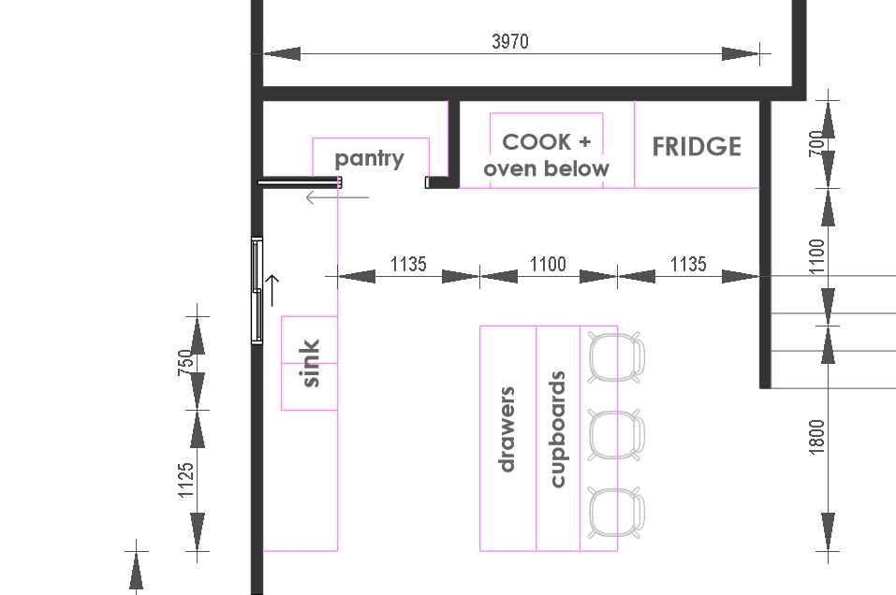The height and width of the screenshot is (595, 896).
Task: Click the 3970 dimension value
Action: click(x=509, y=41)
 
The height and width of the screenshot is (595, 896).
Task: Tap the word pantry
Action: click(x=369, y=158)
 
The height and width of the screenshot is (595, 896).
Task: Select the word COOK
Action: click(x=536, y=141)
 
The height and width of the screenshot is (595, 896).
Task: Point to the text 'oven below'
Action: click(x=546, y=168)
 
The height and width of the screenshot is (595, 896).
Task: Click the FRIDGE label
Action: click(x=697, y=147)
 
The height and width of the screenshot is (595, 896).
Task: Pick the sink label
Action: click(x=310, y=363)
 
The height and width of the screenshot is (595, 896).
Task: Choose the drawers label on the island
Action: click(x=507, y=429)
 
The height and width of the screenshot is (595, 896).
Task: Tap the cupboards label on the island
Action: click(x=558, y=429)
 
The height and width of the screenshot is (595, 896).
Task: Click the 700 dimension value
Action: click(x=817, y=143)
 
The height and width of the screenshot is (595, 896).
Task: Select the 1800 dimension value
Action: click(x=817, y=437)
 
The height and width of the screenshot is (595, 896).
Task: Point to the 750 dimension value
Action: click(x=185, y=362)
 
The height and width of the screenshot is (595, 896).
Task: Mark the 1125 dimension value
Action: click(x=185, y=480)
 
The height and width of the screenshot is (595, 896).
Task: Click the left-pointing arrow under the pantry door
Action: click(x=338, y=197)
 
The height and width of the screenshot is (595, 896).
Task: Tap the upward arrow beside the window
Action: click(x=272, y=290)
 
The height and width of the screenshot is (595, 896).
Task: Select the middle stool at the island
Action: click(x=616, y=435)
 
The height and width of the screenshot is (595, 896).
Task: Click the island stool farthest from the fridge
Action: click(x=616, y=512)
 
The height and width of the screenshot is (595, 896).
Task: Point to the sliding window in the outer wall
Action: click(x=257, y=291)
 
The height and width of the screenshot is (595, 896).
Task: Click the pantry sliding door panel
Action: click(x=300, y=182)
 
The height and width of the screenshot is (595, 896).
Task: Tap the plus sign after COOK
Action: click(x=584, y=141)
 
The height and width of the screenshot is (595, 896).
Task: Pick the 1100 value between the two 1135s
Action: click(x=548, y=264)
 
